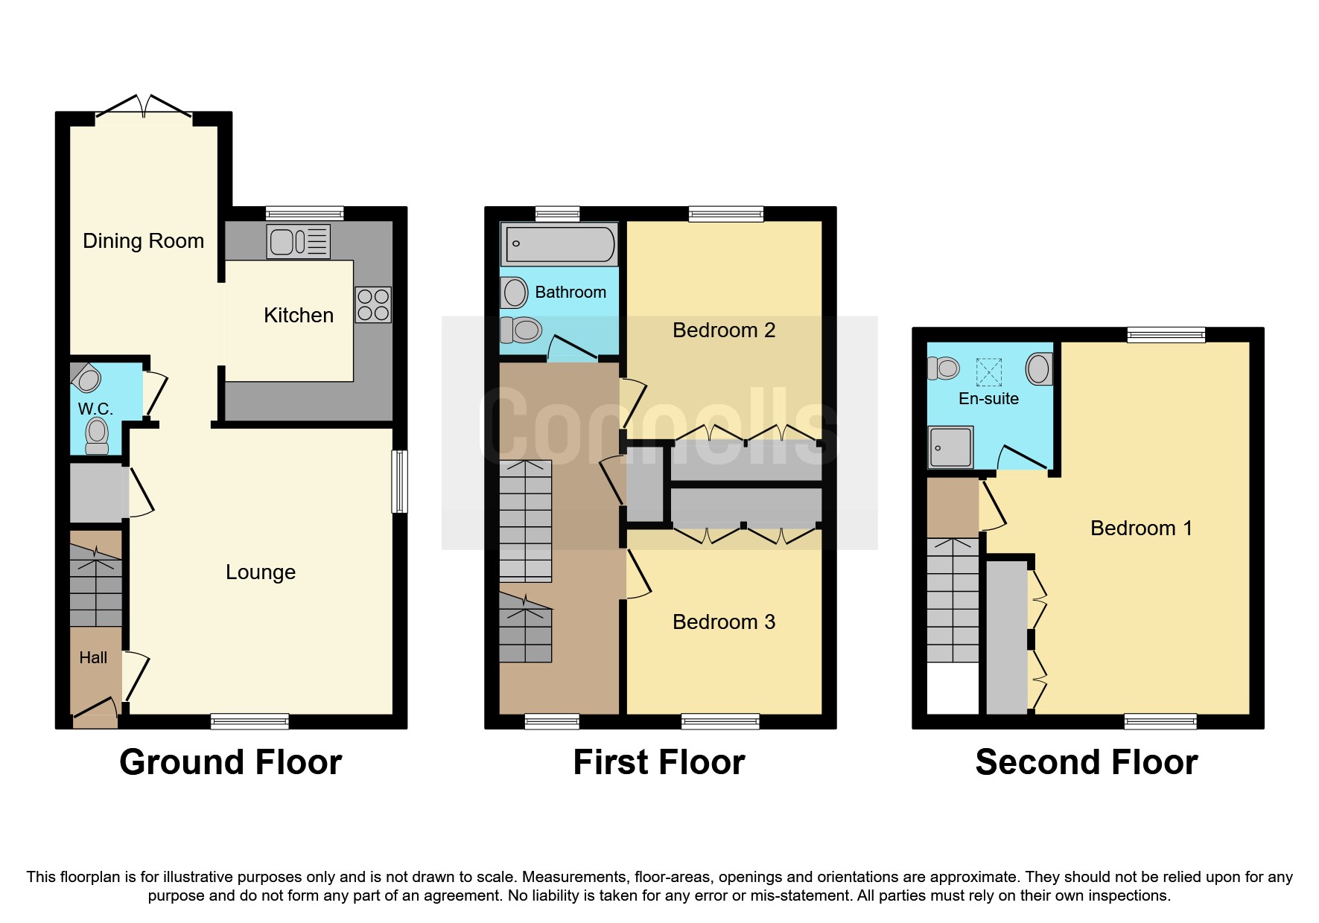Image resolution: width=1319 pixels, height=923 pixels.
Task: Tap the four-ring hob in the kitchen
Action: (x=373, y=304)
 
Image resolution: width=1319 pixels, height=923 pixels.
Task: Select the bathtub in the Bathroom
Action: (x=559, y=243)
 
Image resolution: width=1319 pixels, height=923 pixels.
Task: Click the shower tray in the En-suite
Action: (x=951, y=447)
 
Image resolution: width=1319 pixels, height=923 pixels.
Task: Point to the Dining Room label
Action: (x=143, y=241)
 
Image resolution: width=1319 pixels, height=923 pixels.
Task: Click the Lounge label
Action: (x=261, y=572)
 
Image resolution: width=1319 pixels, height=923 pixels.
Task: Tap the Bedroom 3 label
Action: (x=723, y=622)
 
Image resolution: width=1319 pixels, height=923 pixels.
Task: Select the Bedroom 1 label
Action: (x=1140, y=528)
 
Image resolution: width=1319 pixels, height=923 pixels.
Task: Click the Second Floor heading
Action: (x=1086, y=762)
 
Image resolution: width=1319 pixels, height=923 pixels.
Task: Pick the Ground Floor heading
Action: (x=230, y=762)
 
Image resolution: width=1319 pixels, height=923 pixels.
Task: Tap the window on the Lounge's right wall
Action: (x=400, y=481)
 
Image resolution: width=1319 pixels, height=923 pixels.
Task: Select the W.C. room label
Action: (x=95, y=409)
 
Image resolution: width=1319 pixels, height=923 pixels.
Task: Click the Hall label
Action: (x=93, y=658)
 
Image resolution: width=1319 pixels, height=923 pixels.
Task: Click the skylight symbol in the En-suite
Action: (x=988, y=371)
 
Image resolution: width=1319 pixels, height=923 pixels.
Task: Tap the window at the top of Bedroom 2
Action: (x=725, y=214)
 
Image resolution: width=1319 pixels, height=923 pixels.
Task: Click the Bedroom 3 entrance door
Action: (x=638, y=574)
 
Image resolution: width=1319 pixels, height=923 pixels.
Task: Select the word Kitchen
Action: (x=298, y=316)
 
